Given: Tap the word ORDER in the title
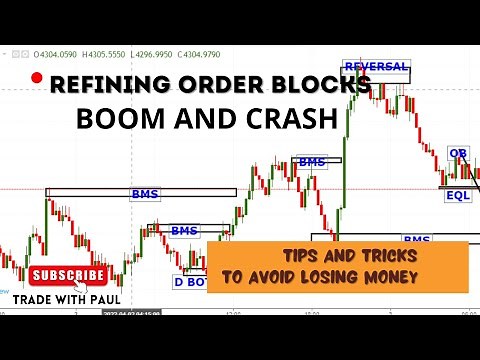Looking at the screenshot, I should point(203,86).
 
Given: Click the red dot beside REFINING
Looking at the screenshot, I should point(37,78).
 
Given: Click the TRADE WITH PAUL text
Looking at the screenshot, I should point(66,297).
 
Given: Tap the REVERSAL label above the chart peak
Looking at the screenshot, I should point(376,67).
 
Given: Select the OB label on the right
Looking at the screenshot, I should point(458,153).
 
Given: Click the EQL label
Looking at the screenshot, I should point(457,196).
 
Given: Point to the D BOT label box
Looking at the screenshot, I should point(196,281).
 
